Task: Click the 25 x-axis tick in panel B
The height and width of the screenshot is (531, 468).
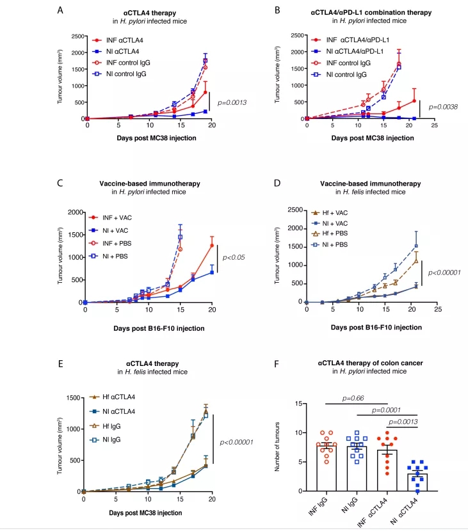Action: (434, 125)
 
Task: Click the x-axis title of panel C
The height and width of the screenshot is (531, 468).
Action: (149, 328)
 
